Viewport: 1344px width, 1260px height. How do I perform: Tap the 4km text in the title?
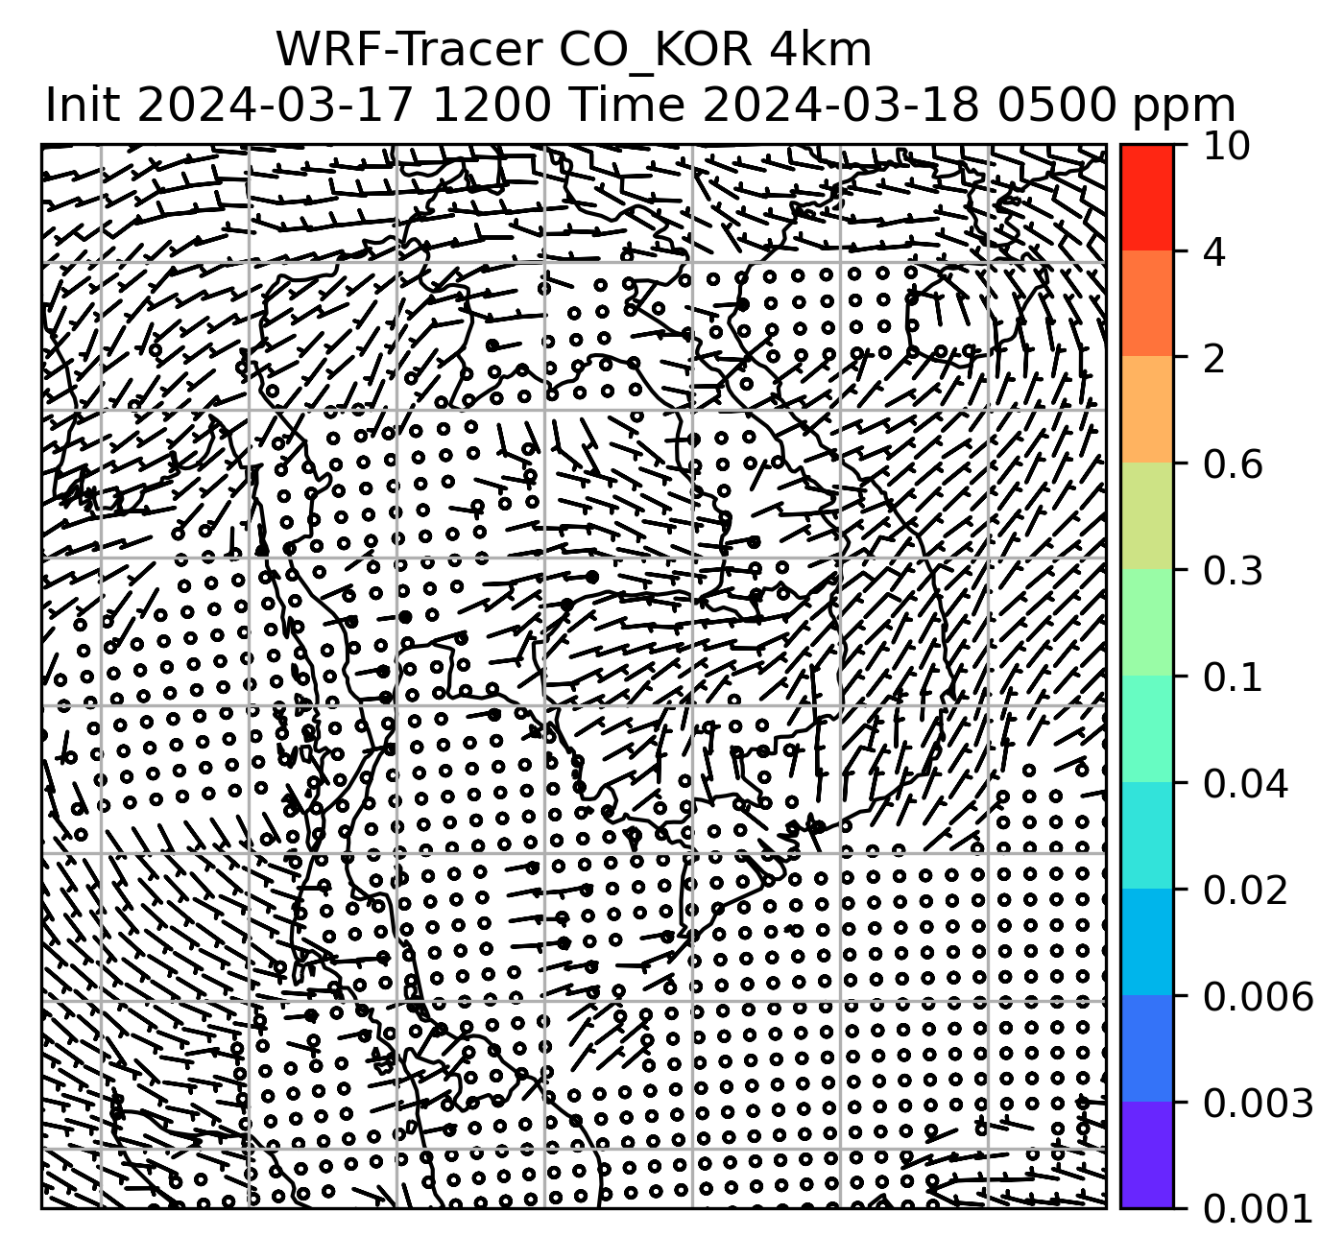point(821,51)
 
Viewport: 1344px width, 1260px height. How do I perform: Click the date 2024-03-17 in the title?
point(276,105)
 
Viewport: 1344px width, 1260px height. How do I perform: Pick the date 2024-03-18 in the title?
point(842,105)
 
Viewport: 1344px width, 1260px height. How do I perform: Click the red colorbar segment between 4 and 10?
point(1146,198)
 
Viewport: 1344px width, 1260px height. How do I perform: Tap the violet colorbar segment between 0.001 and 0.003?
point(1146,1154)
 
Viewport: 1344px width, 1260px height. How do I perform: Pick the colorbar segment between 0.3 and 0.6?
point(1146,517)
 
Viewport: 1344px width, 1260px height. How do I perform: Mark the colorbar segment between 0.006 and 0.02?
point(1146,942)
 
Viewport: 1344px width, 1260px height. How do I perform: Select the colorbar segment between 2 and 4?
point(1146,304)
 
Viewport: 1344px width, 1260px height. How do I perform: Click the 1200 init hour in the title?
point(491,105)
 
